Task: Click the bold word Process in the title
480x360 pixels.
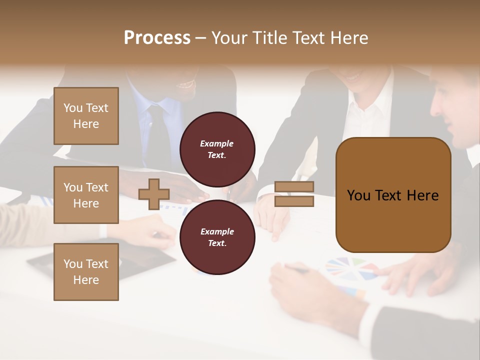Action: (157, 38)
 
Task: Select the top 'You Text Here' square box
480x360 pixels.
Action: (86, 116)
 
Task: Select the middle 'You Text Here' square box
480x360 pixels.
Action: (86, 195)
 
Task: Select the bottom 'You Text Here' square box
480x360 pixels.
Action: (86, 272)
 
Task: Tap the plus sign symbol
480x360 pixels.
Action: (153, 194)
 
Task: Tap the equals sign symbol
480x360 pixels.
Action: (294, 194)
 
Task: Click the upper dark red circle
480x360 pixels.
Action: (217, 149)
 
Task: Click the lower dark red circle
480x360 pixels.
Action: (217, 237)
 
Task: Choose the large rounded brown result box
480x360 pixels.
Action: (393, 195)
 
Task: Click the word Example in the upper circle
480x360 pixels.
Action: (217, 143)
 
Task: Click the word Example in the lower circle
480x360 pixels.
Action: (217, 231)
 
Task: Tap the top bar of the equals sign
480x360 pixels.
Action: (294, 187)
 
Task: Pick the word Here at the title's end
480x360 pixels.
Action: (349, 38)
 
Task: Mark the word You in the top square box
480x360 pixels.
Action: (72, 108)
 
